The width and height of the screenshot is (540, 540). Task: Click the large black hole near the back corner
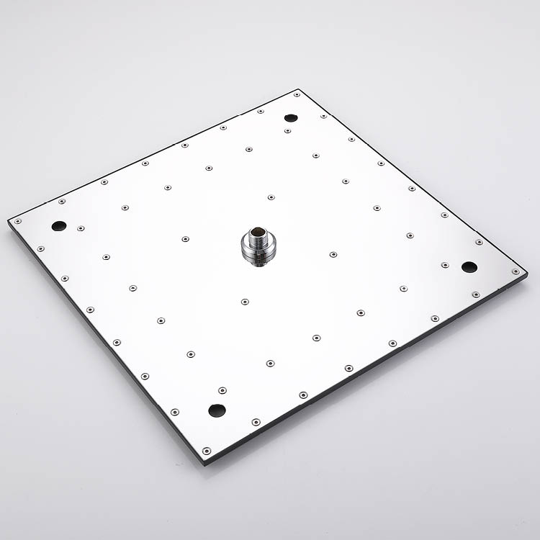(x=291, y=117)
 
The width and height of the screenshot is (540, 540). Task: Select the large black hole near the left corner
(x=58, y=225)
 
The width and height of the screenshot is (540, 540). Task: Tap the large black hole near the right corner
(x=469, y=267)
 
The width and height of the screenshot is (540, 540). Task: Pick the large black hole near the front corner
(x=217, y=410)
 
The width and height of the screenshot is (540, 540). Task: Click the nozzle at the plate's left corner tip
(x=16, y=220)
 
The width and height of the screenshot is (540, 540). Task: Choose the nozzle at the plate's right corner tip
(x=516, y=271)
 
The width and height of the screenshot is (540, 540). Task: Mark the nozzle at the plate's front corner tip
(x=207, y=451)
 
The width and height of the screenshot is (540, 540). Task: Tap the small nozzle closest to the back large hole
(x=287, y=130)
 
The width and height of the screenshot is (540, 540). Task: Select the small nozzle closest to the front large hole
(x=222, y=390)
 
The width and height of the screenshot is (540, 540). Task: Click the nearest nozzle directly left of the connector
(x=185, y=238)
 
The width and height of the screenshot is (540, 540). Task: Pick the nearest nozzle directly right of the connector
(x=333, y=254)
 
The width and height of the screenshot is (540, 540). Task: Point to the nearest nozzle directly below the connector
(x=245, y=302)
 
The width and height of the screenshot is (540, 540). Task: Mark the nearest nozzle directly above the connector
(x=271, y=197)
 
